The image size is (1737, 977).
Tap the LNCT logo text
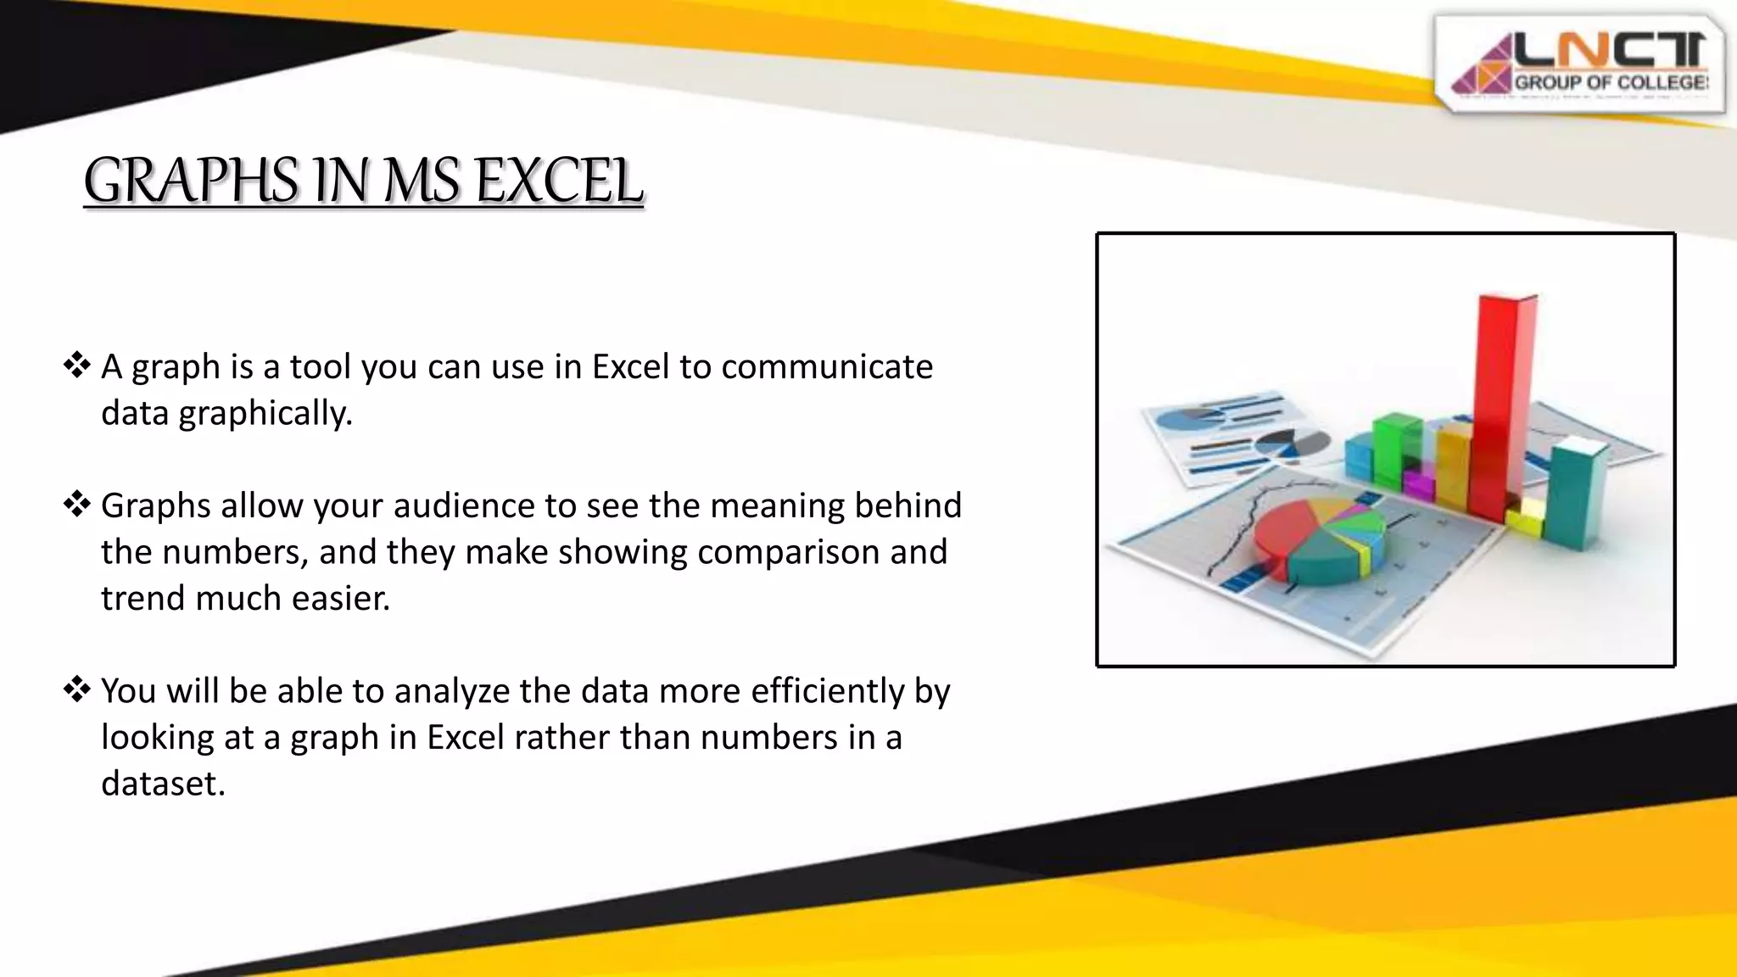click(1609, 53)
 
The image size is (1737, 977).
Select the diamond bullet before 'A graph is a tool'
click(77, 366)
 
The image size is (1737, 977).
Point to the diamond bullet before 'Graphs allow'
click(77, 505)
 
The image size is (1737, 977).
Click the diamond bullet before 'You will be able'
click(77, 689)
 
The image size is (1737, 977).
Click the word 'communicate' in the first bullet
click(827, 366)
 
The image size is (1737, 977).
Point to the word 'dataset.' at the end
click(163, 783)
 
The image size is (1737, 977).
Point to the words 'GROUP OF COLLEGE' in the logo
click(1610, 83)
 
